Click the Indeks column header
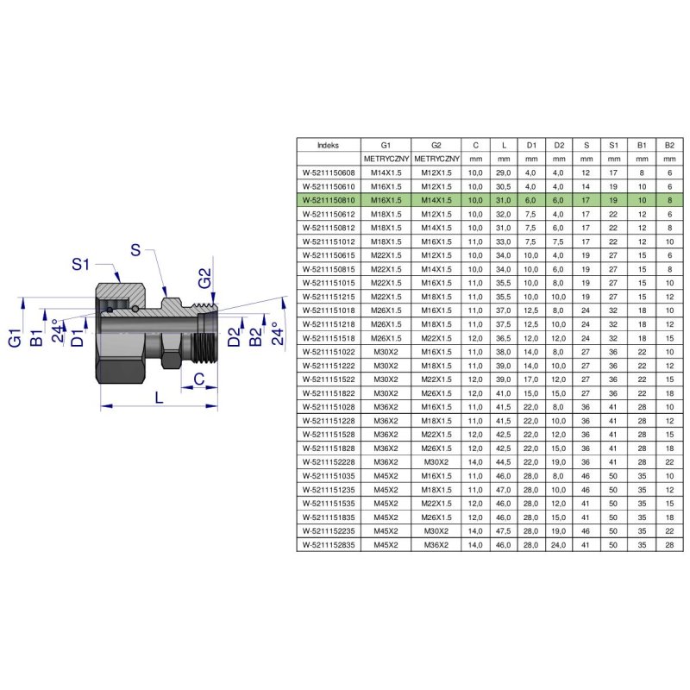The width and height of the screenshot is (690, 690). coord(328,145)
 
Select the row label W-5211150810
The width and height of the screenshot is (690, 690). coord(329,200)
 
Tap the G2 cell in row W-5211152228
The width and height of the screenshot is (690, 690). coord(436,462)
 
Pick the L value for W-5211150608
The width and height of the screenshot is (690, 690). coord(504,173)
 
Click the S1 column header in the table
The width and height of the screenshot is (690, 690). coord(613,145)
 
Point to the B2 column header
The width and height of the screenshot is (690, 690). coord(669,145)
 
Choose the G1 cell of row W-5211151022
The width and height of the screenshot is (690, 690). coord(386,352)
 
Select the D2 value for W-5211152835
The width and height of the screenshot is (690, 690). coord(558,545)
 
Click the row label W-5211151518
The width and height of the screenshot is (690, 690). coord(329,338)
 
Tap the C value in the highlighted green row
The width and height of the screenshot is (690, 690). coord(475,200)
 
